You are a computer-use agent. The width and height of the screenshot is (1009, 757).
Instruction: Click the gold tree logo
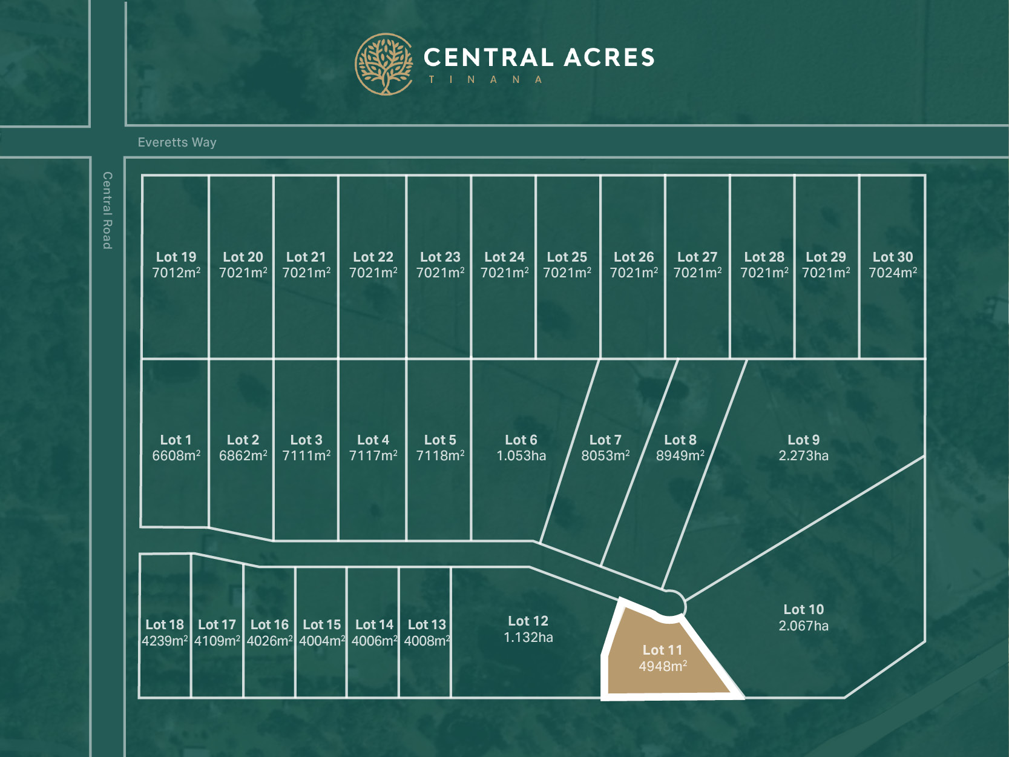(384, 64)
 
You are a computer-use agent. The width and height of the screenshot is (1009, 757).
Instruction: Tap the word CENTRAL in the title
(488, 58)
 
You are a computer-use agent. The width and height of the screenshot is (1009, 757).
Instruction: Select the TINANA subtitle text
(485, 80)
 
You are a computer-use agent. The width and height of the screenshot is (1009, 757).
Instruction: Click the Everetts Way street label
(177, 142)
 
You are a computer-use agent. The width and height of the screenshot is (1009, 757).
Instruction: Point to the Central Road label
(107, 210)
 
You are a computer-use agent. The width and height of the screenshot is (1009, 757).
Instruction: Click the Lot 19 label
(176, 257)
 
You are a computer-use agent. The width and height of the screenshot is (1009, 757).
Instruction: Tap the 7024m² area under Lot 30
(893, 273)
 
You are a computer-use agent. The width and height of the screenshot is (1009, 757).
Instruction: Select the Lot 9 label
(803, 440)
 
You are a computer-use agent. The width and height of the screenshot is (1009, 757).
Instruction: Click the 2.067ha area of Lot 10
(803, 626)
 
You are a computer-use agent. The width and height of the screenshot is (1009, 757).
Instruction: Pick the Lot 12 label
(528, 621)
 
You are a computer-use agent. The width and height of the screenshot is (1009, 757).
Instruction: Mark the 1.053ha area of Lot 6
(521, 456)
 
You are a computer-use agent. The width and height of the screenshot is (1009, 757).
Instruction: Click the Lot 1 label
(176, 440)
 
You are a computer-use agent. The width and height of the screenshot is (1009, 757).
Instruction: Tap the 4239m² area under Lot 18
(165, 641)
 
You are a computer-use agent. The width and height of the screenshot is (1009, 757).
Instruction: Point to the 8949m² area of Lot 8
(680, 456)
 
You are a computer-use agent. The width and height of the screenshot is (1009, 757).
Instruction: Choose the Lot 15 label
(322, 625)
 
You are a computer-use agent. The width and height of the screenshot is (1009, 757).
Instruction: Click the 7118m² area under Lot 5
(440, 456)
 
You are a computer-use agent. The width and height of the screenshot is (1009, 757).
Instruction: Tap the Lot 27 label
(697, 257)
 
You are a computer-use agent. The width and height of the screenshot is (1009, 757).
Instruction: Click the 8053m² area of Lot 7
(605, 456)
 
